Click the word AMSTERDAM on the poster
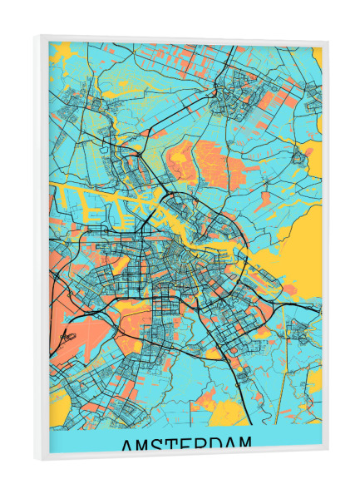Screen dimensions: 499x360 tap(186, 447)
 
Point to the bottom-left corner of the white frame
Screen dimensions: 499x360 tap(36, 458)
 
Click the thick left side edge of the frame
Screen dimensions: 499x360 tap(40, 249)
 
